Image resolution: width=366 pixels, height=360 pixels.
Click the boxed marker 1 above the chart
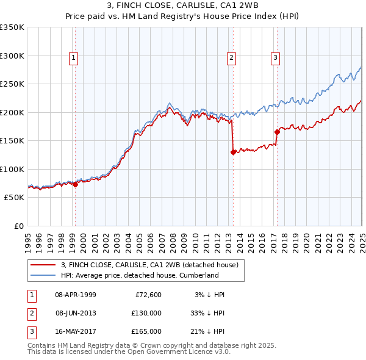(x=73, y=58)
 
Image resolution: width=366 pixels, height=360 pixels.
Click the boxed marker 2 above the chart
(x=232, y=58)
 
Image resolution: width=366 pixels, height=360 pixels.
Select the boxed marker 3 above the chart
(x=276, y=58)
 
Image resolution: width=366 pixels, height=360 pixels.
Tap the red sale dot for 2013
(x=233, y=153)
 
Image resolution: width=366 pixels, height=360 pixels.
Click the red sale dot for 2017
(x=277, y=132)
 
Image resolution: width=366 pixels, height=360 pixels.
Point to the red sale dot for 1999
(x=75, y=184)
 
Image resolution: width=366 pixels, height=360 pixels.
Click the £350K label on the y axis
(x=12, y=27)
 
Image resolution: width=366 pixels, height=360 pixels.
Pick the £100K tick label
(x=12, y=169)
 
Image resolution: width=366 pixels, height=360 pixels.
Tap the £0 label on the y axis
(x=18, y=226)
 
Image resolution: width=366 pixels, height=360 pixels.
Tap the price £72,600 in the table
(x=146, y=295)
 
